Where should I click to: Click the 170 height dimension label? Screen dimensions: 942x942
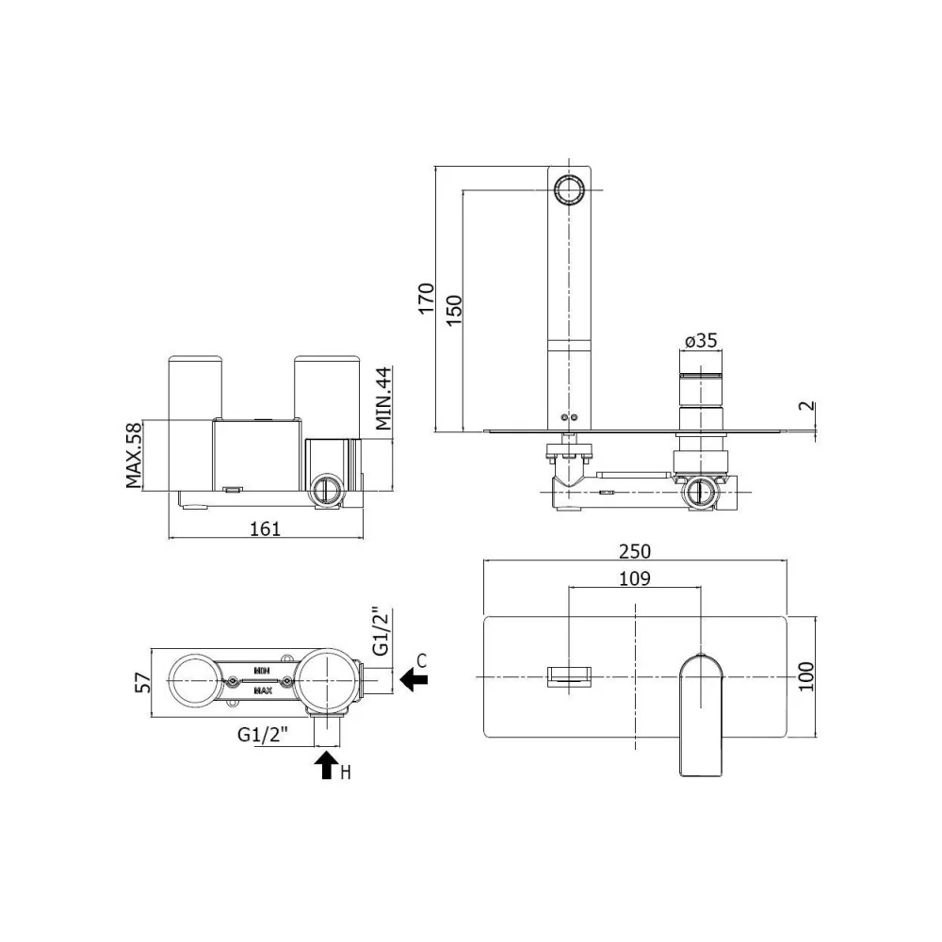[x=426, y=298]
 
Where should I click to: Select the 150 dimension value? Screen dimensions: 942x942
[x=454, y=310]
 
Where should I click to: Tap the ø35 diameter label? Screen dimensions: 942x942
[x=701, y=341]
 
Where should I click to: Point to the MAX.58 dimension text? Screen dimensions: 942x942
[x=134, y=455]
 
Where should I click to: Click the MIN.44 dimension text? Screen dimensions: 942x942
[x=383, y=398]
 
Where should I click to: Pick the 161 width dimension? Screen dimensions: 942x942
[x=265, y=528]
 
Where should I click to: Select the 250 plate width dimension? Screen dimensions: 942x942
[x=634, y=551]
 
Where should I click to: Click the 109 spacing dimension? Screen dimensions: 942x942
[x=634, y=578]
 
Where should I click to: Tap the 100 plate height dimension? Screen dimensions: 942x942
[x=806, y=676]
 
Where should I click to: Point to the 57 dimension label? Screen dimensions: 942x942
[x=143, y=682]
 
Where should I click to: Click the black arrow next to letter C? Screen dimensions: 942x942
[x=414, y=679]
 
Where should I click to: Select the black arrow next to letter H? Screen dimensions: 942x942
[x=328, y=766]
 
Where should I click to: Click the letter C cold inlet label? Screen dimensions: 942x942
[x=422, y=661]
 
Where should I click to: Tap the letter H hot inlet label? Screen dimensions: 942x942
[x=346, y=772]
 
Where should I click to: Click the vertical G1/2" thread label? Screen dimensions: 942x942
[x=382, y=632]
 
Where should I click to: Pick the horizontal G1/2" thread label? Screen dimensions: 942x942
[x=263, y=734]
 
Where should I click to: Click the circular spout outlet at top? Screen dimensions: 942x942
[x=568, y=190]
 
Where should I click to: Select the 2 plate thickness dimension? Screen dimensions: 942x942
[x=809, y=405]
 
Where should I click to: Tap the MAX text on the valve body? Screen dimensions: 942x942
[x=263, y=690]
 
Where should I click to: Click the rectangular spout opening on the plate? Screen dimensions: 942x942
[x=568, y=677]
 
